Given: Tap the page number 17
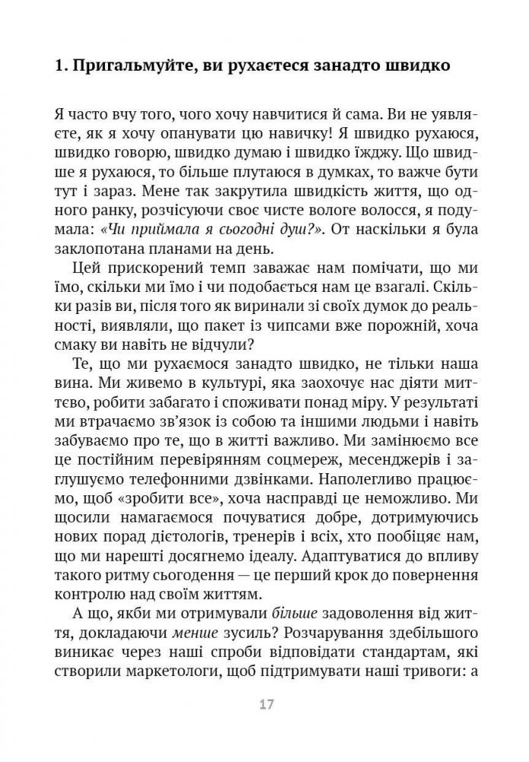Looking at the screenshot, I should click(x=265, y=703).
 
